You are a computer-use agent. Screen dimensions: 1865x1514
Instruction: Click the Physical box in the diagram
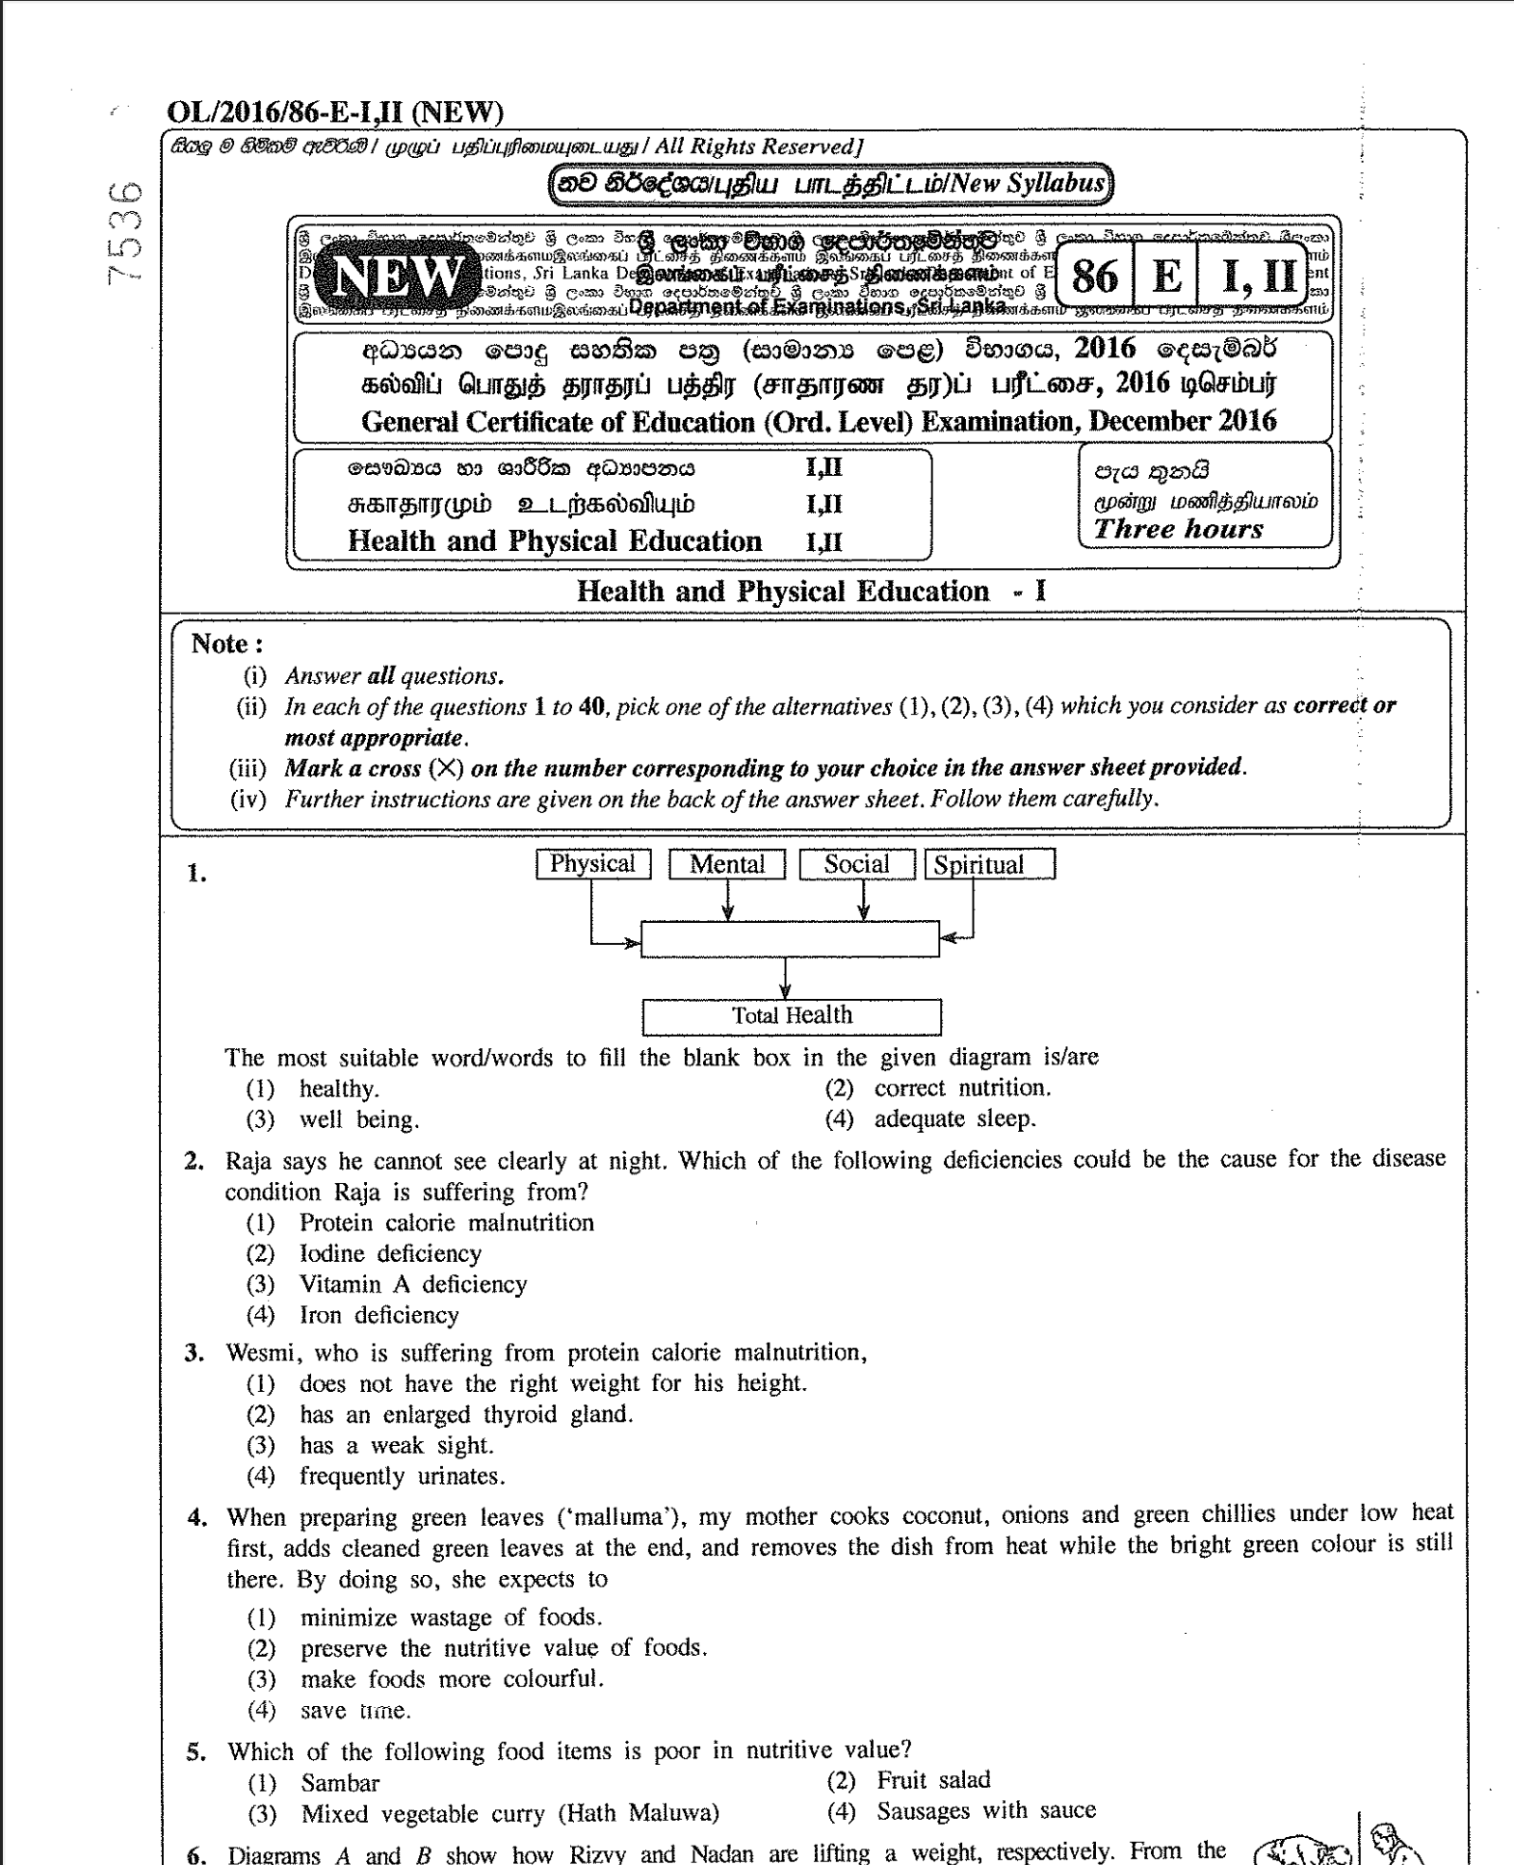click(x=592, y=864)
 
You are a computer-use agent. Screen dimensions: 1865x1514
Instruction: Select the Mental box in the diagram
click(x=727, y=864)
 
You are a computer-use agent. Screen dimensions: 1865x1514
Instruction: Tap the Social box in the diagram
click(x=856, y=864)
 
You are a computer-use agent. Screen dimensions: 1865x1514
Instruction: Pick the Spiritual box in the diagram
click(x=989, y=864)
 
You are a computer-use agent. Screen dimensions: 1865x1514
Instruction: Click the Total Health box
click(x=792, y=1015)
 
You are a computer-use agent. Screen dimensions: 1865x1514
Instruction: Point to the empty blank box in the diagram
click(x=790, y=939)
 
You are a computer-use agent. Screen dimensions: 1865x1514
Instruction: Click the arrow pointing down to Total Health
click(x=786, y=979)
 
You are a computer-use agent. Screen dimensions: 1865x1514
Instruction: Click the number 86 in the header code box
click(x=1094, y=277)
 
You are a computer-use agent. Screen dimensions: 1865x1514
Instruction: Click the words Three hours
click(x=1178, y=529)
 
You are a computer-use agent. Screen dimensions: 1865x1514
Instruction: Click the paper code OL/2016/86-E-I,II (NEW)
click(x=335, y=113)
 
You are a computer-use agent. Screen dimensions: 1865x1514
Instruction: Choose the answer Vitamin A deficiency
click(x=413, y=1284)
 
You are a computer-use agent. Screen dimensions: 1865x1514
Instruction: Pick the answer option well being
click(x=358, y=1119)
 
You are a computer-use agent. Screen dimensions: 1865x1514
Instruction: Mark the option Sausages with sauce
click(x=985, y=1810)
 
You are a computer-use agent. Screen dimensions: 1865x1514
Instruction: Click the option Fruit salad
click(x=932, y=1779)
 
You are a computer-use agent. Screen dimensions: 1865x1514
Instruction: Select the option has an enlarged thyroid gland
click(x=466, y=1414)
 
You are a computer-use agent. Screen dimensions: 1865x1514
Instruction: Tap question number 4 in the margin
click(x=197, y=1517)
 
